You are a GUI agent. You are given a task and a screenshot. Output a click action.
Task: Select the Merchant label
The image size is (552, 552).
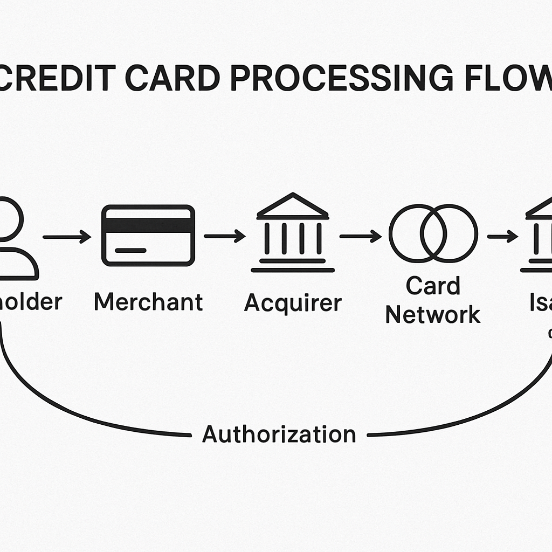148,302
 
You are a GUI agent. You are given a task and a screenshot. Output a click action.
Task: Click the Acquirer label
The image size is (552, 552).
293,303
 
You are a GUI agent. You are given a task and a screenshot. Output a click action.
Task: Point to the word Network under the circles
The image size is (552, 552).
433,315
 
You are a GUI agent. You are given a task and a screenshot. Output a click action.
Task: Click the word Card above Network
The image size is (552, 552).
433,286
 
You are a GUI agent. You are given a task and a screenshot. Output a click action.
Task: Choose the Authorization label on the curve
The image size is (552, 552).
279,434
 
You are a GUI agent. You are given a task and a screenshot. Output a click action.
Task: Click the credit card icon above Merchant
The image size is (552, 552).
148,236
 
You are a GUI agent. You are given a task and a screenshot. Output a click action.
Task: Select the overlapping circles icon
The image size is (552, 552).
433,233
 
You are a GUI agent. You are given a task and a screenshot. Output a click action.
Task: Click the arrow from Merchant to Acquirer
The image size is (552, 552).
224,236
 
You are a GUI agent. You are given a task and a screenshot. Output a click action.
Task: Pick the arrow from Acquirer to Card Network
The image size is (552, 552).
360,236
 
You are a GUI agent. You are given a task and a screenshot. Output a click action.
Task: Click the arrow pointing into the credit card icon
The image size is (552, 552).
67,236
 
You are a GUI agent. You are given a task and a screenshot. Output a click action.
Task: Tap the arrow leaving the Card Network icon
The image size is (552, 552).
502,236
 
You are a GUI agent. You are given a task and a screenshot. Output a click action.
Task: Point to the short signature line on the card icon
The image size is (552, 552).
130,251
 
